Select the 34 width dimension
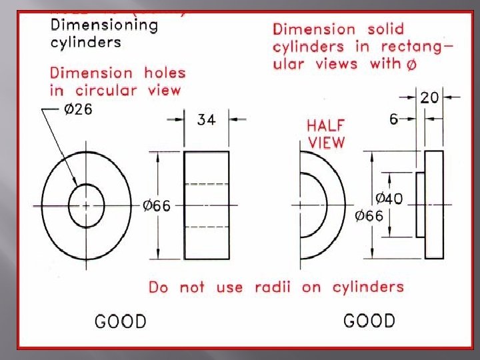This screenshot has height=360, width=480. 207,120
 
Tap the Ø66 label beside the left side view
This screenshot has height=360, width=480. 157,206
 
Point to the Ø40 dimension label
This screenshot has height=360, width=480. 389,199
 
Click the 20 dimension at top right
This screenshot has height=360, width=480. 429,97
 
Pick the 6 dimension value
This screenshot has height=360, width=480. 393,119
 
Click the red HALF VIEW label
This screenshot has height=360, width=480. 326,133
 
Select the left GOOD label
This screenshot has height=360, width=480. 121,321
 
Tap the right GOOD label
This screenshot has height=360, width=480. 369,321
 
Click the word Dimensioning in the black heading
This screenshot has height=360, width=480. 105,26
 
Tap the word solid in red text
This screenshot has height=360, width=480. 385,29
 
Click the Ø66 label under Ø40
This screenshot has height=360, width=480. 369,216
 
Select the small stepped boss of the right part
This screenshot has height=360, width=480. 421,205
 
